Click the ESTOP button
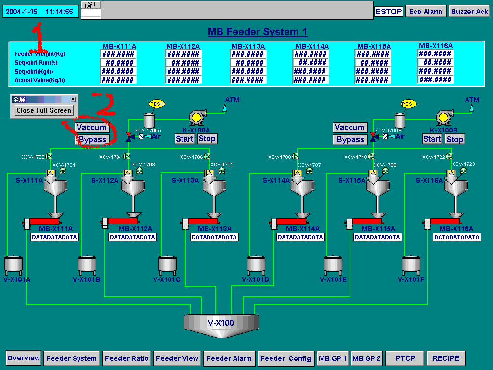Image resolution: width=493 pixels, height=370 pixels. point(389,12)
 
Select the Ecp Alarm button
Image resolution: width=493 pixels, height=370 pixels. point(426,12)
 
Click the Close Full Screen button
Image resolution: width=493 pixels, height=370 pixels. point(43,110)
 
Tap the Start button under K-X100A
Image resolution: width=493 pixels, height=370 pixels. point(184,139)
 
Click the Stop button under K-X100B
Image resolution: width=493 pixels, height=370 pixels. point(454,139)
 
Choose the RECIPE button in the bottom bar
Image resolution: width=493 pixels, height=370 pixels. point(446,358)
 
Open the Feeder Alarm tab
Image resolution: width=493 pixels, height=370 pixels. point(229,358)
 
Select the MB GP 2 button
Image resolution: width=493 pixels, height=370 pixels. point(366,358)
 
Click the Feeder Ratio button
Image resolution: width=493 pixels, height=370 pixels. point(127,358)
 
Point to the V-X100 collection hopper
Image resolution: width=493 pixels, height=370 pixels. point(221,322)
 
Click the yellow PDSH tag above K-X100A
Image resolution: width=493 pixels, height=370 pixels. point(157,104)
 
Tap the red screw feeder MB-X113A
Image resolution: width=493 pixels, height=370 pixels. point(202,221)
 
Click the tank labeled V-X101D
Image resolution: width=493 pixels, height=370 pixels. point(256,265)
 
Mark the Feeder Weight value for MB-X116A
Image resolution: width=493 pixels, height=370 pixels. point(435,54)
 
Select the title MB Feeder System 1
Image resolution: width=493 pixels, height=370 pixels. point(258,32)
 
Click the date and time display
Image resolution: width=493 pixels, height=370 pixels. point(39,12)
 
